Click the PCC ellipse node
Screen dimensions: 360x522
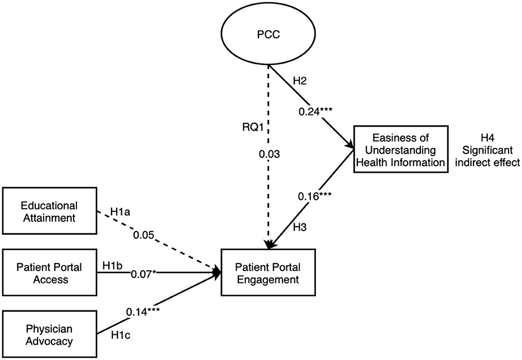[269, 35]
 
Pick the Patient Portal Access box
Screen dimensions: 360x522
[49, 273]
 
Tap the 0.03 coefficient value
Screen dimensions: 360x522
[269, 153]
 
